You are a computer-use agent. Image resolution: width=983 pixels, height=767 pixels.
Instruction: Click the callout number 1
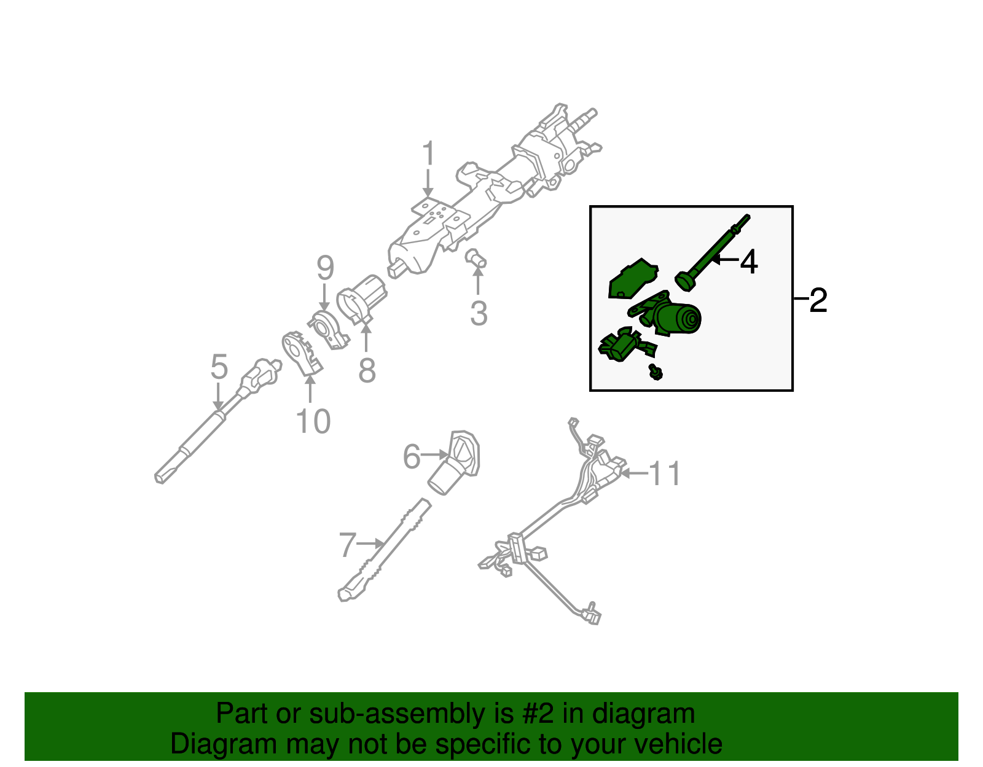(x=428, y=153)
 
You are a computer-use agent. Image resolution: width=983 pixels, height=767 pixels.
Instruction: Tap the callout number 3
(x=479, y=313)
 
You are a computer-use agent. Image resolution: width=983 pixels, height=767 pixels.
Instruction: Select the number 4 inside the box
(x=749, y=262)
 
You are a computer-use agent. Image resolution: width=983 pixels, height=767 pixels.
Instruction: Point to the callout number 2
(x=818, y=300)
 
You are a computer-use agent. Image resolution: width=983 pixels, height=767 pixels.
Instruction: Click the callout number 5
(x=219, y=367)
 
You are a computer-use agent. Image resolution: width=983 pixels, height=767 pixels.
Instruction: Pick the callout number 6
(x=412, y=456)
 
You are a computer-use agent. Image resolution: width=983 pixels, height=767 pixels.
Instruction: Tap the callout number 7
(x=347, y=545)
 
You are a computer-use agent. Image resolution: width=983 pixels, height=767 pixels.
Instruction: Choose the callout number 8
(x=367, y=370)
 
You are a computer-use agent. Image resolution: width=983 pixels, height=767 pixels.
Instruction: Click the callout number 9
(x=325, y=268)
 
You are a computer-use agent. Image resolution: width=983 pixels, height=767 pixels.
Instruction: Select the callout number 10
(x=313, y=421)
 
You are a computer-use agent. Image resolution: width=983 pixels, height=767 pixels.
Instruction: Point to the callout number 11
(x=664, y=473)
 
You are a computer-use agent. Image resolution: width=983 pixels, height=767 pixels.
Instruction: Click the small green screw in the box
(x=656, y=372)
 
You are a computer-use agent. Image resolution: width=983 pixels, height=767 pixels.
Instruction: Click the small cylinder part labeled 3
(x=476, y=258)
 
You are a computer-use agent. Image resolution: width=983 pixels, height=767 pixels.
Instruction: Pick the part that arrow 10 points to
(x=300, y=353)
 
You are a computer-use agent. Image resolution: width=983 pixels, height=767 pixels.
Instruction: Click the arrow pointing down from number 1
(x=428, y=183)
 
